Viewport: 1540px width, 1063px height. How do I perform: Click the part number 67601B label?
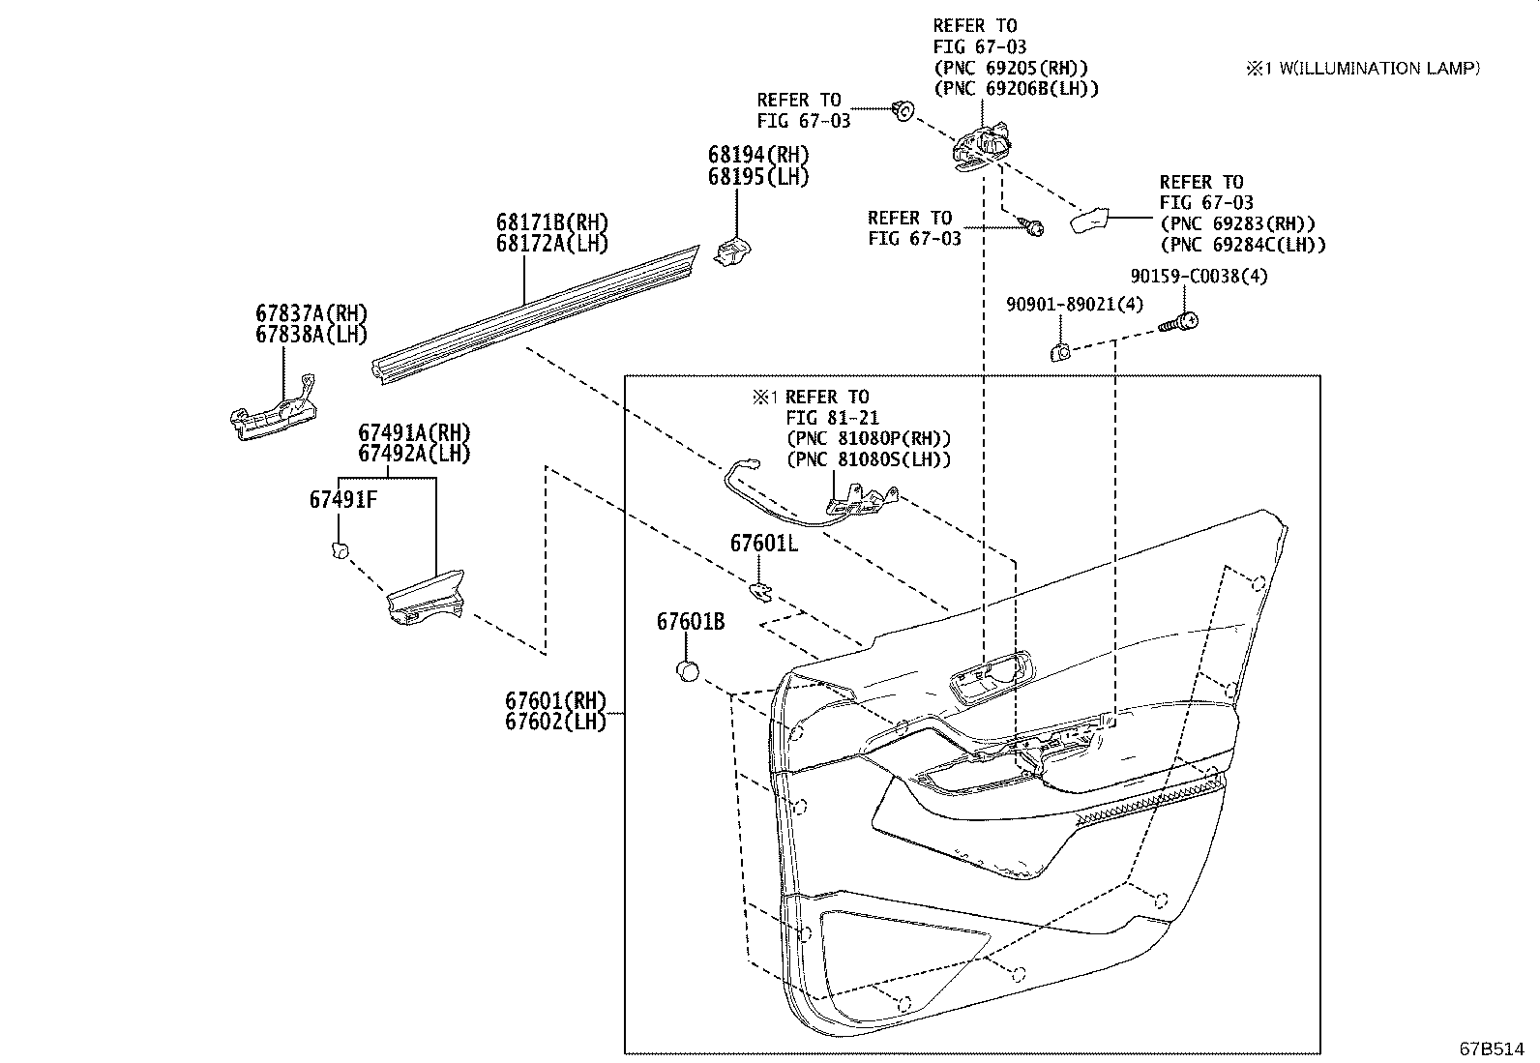tap(690, 622)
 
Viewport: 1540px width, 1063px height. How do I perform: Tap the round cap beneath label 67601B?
tap(687, 669)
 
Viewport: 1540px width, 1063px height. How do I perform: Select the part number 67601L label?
tap(763, 544)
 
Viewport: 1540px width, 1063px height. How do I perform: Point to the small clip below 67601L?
tap(762, 589)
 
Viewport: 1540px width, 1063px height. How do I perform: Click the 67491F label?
tap(342, 500)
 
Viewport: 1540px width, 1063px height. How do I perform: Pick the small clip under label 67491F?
tap(339, 550)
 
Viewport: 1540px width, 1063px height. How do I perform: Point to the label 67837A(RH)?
tap(311, 313)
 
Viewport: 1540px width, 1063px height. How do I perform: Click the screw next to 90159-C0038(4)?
tap(1179, 322)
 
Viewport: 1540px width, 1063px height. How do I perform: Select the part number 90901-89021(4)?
tap(1074, 305)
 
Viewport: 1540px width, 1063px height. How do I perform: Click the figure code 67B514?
tap(1492, 1048)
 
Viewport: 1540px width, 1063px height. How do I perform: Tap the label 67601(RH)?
tap(554, 700)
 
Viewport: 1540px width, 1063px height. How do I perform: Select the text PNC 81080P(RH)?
tap(869, 438)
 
